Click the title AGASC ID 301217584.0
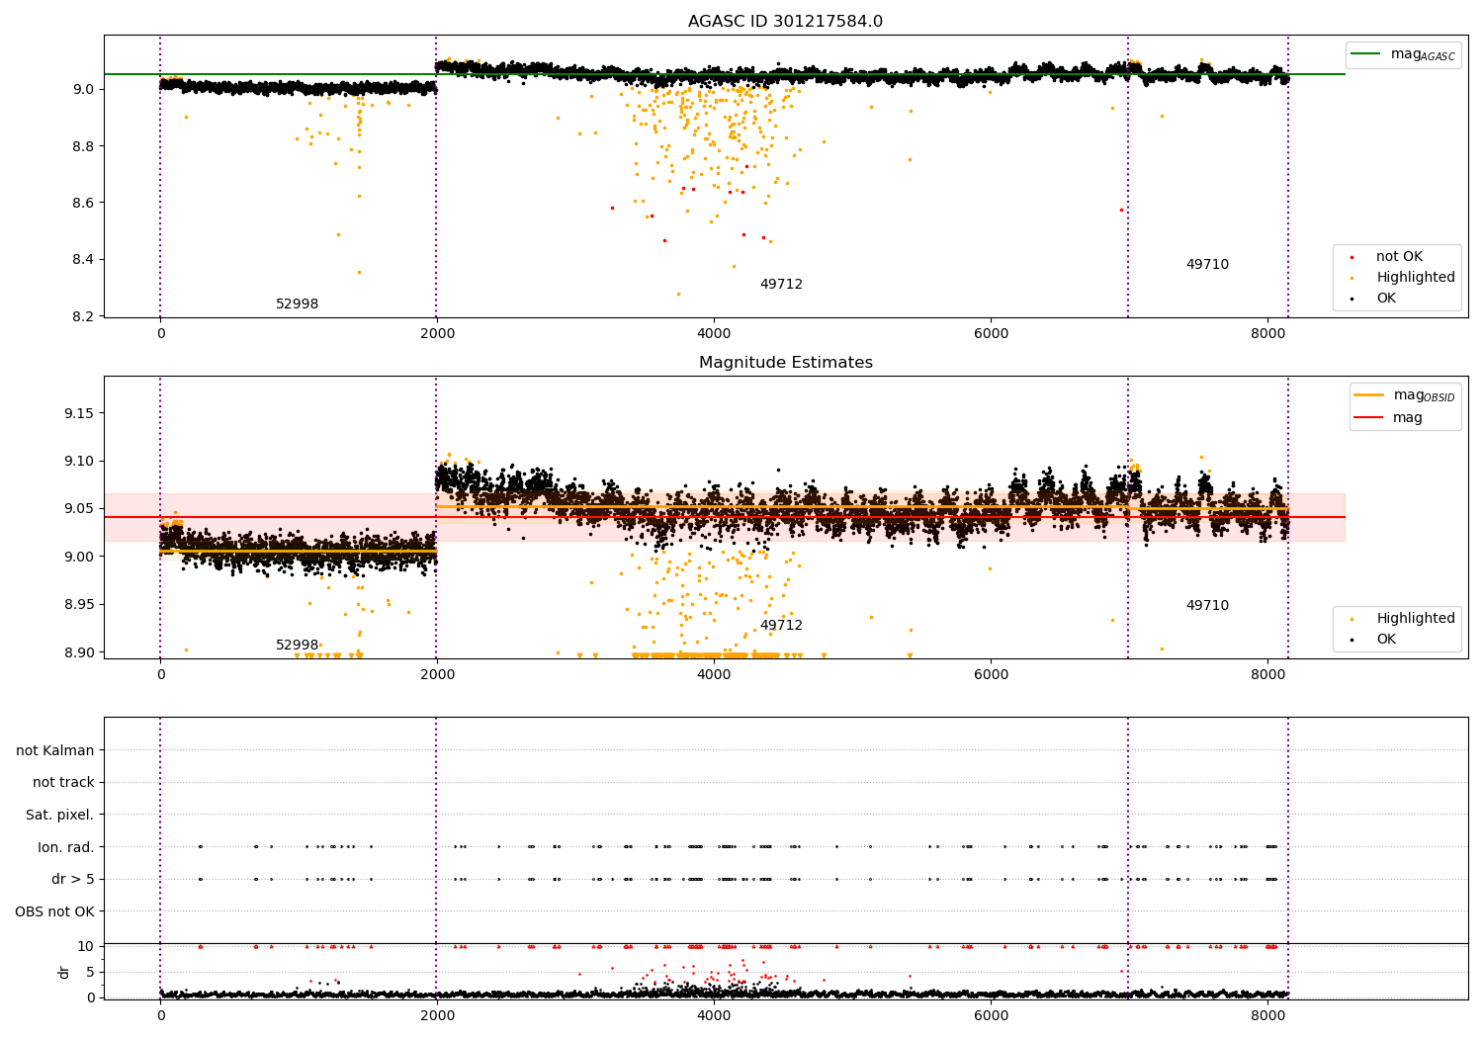pyautogui.click(x=785, y=21)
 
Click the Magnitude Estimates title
pyautogui.click(x=785, y=363)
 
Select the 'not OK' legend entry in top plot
pyautogui.click(x=1399, y=257)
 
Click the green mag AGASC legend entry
pyautogui.click(x=1422, y=54)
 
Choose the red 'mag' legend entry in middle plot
pyautogui.click(x=1407, y=417)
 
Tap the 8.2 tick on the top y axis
pyautogui.click(x=83, y=316)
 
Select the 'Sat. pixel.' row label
pyautogui.click(x=59, y=815)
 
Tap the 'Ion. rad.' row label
pyautogui.click(x=65, y=847)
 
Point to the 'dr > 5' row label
pyautogui.click(x=72, y=879)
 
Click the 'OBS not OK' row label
pyautogui.click(x=54, y=911)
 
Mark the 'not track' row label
pyautogui.click(x=63, y=782)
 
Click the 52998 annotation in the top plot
pyautogui.click(x=297, y=304)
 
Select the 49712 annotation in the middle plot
pyautogui.click(x=781, y=626)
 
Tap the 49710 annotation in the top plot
pyautogui.click(x=1207, y=265)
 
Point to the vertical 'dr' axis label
pyautogui.click(x=64, y=972)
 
